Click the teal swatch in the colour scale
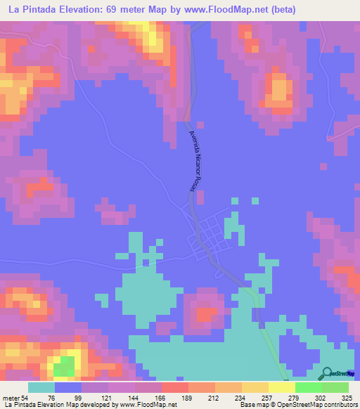[41, 387]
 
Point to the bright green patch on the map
[65, 366]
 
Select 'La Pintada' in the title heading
[27, 10]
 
